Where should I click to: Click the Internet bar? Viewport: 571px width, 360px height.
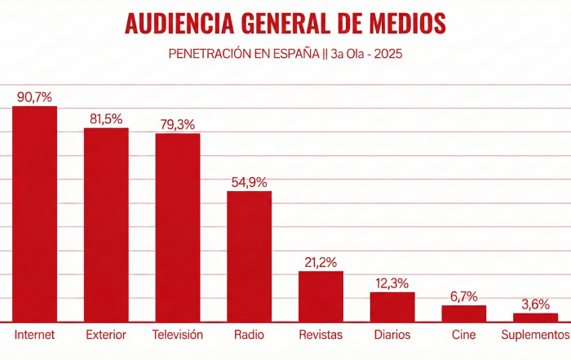[x=34, y=214]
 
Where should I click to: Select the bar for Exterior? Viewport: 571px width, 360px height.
[x=106, y=224]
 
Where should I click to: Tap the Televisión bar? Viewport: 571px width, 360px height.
[x=178, y=227]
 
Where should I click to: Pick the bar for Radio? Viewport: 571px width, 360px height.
[x=249, y=256]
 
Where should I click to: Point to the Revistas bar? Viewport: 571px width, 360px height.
[x=321, y=296]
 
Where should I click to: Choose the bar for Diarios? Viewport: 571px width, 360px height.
[x=392, y=307]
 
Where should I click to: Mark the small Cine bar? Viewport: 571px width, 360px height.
[x=463, y=313]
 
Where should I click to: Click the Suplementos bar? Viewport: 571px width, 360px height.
[x=535, y=318]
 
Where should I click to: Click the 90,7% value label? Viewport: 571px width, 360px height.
[x=34, y=97]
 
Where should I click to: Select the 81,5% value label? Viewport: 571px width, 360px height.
[x=106, y=118]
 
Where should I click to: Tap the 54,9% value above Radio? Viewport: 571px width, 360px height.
[x=249, y=182]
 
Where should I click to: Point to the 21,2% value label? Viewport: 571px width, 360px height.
[x=321, y=262]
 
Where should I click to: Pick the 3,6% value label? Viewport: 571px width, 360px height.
[x=535, y=304]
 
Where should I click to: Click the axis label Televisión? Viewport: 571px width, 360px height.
[x=178, y=336]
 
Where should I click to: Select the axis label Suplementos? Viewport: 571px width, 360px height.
[x=535, y=336]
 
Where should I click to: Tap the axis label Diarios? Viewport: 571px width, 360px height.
[x=392, y=336]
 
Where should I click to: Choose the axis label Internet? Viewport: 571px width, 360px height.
[x=34, y=336]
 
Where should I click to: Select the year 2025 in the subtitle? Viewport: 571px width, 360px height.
[x=387, y=55]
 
